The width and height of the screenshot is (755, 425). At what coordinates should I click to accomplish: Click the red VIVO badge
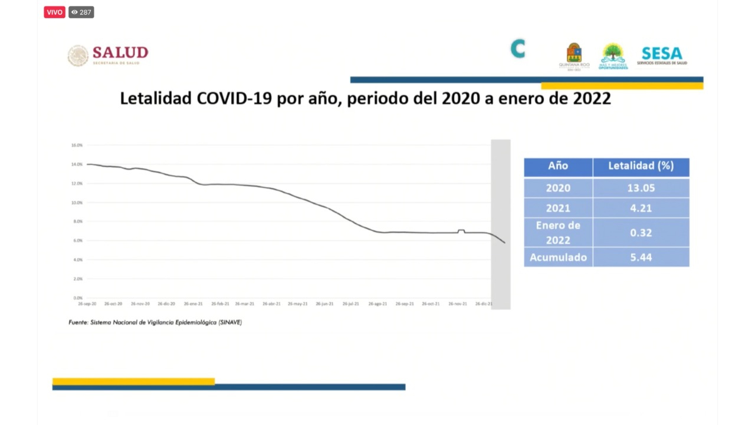click(x=54, y=12)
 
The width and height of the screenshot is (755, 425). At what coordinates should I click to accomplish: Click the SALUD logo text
click(x=120, y=53)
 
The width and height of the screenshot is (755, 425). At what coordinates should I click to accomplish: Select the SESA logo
click(x=662, y=55)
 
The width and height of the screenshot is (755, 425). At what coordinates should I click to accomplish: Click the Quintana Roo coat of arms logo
click(x=574, y=54)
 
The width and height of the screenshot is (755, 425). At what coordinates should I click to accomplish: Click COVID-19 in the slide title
click(x=234, y=99)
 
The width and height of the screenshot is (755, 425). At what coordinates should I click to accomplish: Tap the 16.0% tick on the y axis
click(x=77, y=145)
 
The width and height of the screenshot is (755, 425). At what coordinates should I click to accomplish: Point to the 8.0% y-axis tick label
click(x=77, y=221)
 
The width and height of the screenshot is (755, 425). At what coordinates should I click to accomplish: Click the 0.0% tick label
click(x=77, y=298)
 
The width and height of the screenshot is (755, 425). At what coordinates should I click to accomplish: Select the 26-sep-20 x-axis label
click(x=88, y=304)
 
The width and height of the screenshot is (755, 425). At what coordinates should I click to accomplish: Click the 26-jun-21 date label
click(x=324, y=304)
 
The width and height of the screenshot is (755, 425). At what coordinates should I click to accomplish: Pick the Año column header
click(x=558, y=166)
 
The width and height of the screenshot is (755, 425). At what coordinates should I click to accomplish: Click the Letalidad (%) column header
click(x=641, y=166)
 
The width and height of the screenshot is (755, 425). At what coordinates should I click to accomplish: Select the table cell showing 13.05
click(x=641, y=188)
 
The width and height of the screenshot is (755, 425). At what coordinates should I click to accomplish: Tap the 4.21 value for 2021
click(x=641, y=208)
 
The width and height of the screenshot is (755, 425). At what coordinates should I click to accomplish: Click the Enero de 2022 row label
click(x=558, y=233)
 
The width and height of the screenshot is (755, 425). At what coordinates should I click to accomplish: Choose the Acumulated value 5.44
click(x=641, y=257)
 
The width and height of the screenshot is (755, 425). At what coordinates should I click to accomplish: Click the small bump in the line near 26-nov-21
click(x=461, y=230)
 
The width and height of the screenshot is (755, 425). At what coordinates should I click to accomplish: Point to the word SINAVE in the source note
click(x=230, y=322)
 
